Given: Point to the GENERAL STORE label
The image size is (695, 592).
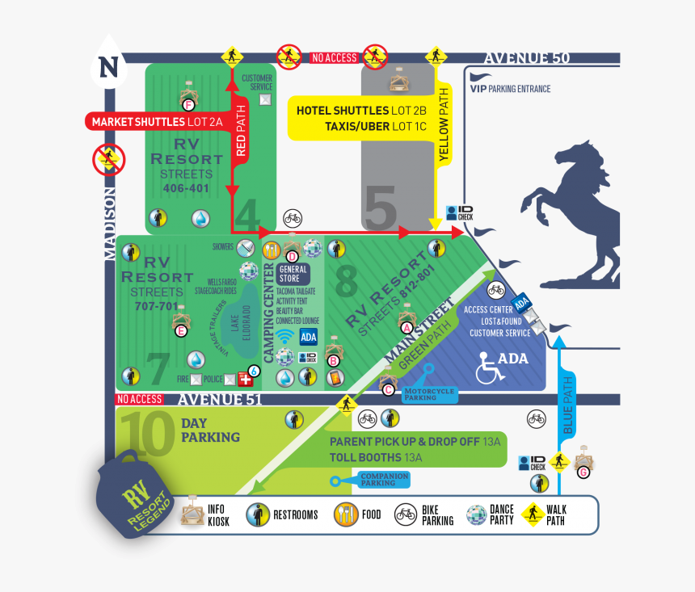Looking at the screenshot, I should click(293, 273).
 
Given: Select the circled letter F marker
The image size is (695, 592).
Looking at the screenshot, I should click(188, 105).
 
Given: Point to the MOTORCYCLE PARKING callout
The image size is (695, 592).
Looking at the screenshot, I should click(430, 393).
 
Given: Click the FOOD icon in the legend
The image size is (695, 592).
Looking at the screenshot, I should click(346, 514).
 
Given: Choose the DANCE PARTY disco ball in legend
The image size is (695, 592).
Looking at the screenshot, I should click(476, 514).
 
